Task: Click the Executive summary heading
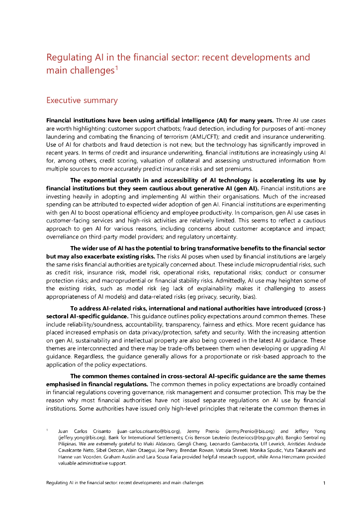82,100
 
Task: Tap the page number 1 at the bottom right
324,483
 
